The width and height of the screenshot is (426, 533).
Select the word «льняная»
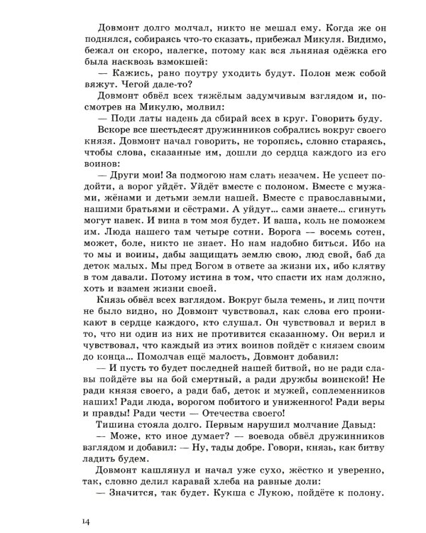click(285, 47)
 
